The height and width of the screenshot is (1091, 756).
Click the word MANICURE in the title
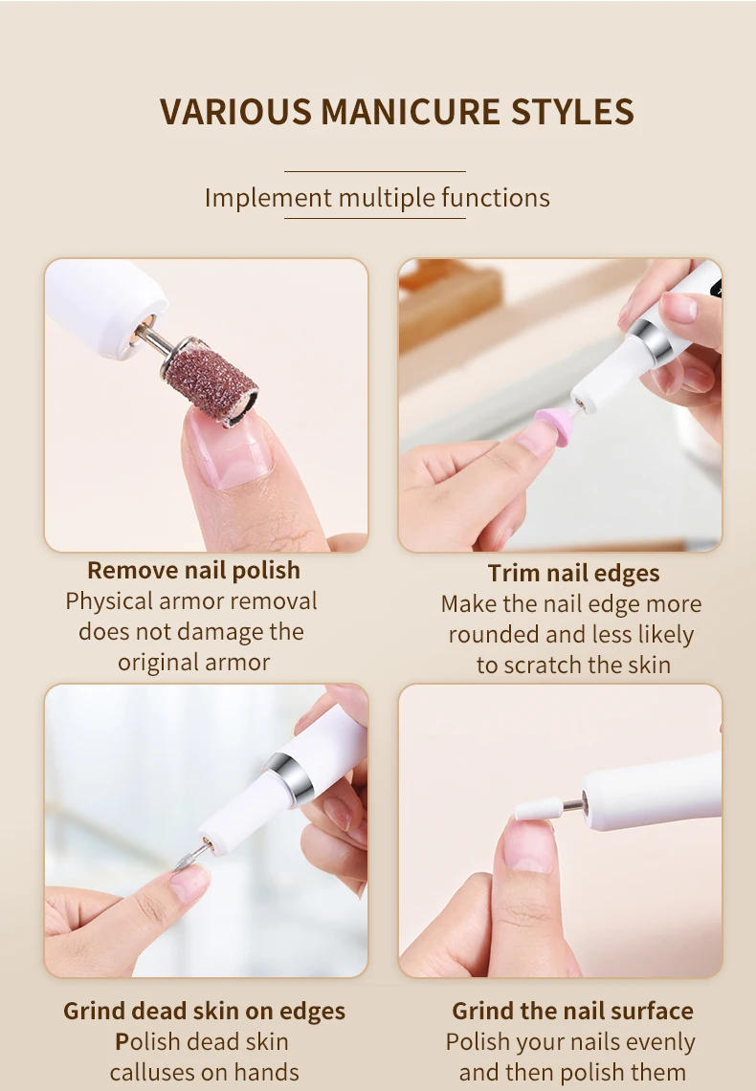coord(410,111)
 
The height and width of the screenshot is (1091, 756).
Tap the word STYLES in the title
coord(572,111)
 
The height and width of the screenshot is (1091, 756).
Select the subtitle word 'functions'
coord(496,198)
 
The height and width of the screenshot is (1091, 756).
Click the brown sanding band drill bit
coord(211,380)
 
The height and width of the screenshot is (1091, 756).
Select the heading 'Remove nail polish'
coord(193,570)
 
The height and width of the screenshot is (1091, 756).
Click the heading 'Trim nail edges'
coord(573,573)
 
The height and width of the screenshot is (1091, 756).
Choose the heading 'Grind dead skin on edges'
coord(204,1011)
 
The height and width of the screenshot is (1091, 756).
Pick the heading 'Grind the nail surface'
coord(572,1011)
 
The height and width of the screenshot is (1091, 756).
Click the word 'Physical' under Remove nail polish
coord(109,601)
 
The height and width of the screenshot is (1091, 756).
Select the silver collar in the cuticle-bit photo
coord(288,779)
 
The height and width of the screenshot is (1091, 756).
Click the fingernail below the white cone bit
coord(528,843)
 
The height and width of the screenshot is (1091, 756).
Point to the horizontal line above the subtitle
coord(374,171)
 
